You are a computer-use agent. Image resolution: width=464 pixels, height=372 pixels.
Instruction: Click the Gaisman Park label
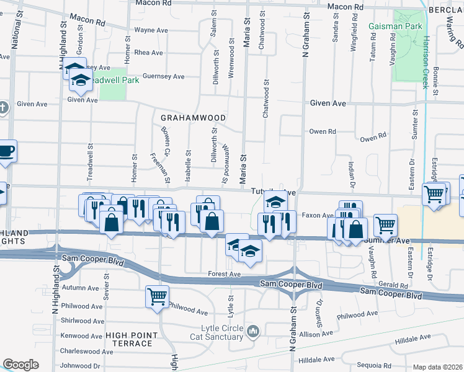coord(395,27)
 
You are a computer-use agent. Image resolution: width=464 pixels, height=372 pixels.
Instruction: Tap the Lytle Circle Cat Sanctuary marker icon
coord(252,332)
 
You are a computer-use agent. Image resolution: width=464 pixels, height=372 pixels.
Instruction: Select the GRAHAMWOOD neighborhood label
coord(192,117)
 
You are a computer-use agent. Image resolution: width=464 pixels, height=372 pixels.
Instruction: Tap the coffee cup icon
coord(6,151)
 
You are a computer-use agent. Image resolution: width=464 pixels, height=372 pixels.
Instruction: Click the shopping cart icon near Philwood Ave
coord(157,296)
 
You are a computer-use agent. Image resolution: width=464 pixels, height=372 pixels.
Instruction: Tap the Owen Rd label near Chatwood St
coord(322,131)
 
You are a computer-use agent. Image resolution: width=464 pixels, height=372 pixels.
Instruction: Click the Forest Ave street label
coord(224,274)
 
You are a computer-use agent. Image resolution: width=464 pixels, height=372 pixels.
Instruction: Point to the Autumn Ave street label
coord(80,288)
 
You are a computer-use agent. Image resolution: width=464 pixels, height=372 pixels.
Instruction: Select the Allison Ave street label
coord(317,334)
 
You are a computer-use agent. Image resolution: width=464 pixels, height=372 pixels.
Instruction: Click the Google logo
coord(20,365)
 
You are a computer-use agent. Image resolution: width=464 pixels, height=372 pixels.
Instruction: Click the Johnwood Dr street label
coord(80,366)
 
